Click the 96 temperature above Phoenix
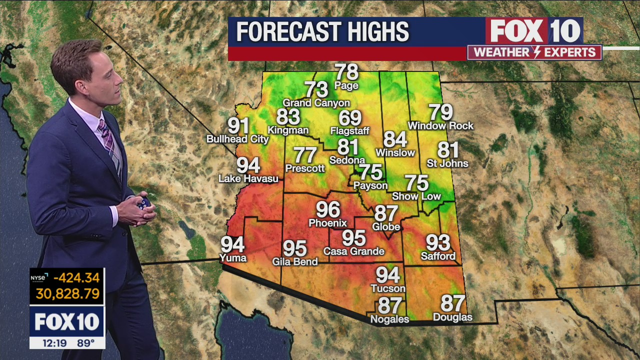(328, 209)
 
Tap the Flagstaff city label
(349, 131)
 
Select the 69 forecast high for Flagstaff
(349, 118)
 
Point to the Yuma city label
(233, 258)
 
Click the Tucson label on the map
(387, 288)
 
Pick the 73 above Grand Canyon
(316, 89)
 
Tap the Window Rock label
(440, 125)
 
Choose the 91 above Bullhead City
(238, 125)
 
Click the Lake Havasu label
(248, 178)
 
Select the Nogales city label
(389, 318)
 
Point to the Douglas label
(452, 317)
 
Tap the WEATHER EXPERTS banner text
(534, 52)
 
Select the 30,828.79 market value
(67, 293)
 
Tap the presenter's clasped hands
(139, 207)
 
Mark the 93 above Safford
(438, 243)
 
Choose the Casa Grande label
(353, 251)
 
